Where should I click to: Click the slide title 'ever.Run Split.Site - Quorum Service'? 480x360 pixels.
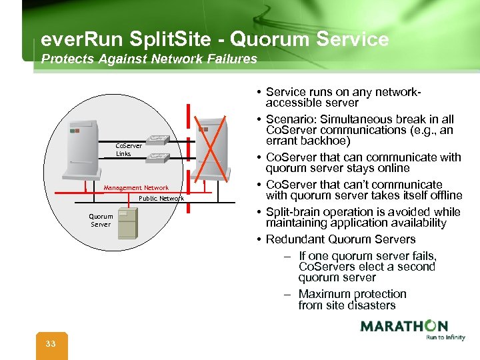tap(215, 39)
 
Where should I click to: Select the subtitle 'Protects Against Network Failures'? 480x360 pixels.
tap(149, 59)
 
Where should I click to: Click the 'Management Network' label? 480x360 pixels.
tap(136, 188)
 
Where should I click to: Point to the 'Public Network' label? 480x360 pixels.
tap(161, 198)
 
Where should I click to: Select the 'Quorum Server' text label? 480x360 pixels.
tap(101, 220)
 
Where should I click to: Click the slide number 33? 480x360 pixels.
tap(51, 343)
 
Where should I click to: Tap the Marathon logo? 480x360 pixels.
tap(404, 326)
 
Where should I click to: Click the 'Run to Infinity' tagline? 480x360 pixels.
tap(445, 337)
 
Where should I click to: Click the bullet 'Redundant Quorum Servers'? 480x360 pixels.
tap(340, 239)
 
